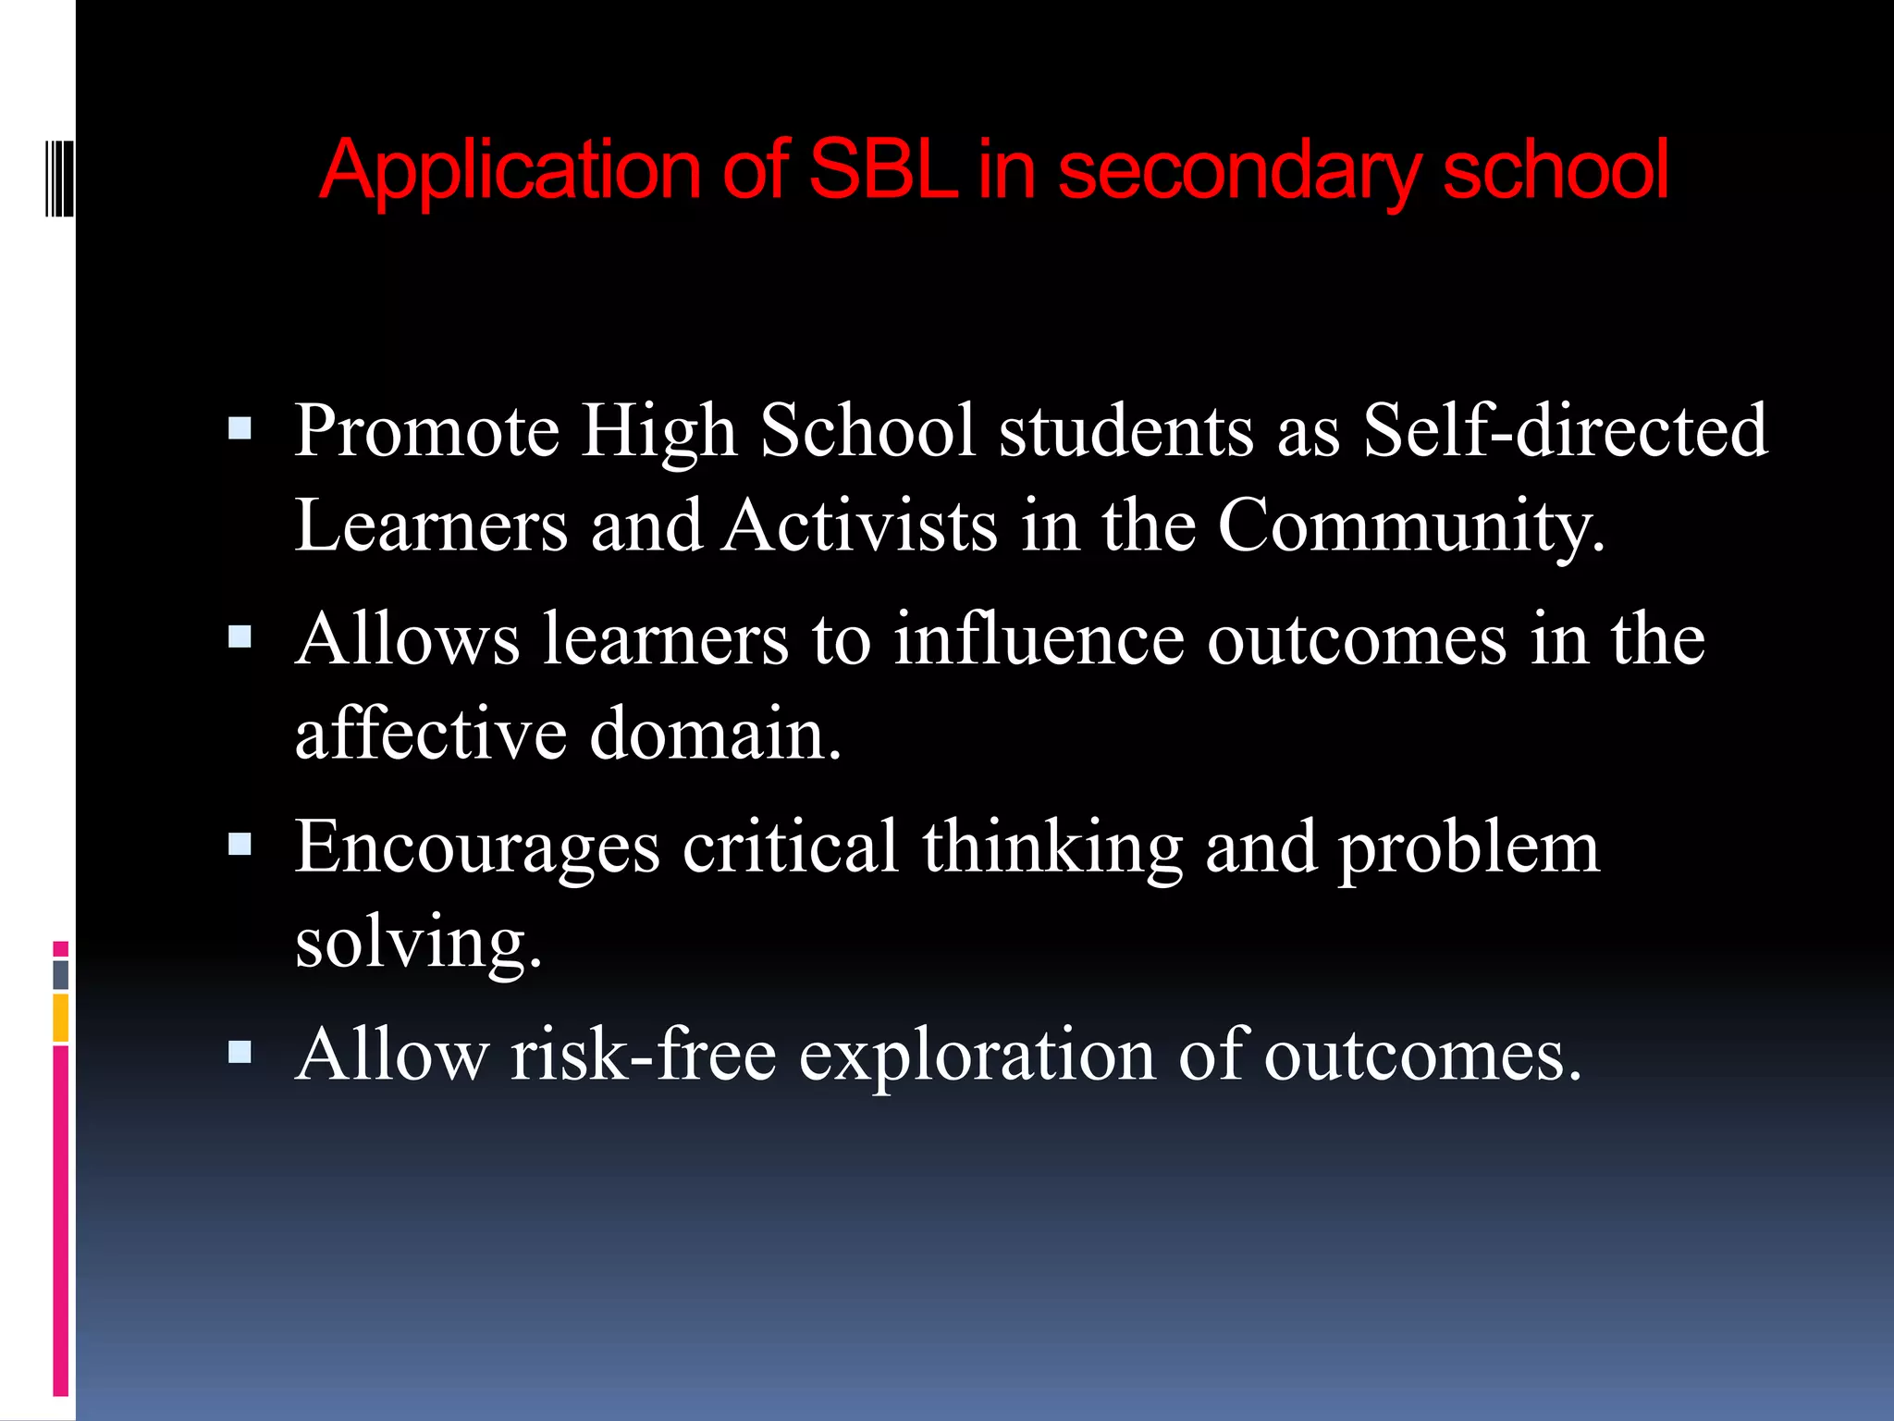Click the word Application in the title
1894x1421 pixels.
(x=510, y=170)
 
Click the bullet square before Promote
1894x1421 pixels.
(x=240, y=428)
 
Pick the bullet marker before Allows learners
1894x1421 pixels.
(x=240, y=636)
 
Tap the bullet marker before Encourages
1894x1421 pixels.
(x=240, y=844)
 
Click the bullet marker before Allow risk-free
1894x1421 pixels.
(x=240, y=1052)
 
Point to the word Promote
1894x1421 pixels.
(x=426, y=431)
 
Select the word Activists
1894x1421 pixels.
(x=860, y=525)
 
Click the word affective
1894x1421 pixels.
(x=430, y=733)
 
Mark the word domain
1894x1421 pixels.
(x=715, y=735)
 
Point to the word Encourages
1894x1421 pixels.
(x=477, y=848)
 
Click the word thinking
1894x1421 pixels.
(x=1052, y=848)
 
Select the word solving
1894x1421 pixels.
(x=417, y=943)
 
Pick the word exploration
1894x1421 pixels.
(x=977, y=1056)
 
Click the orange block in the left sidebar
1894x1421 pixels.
(x=61, y=1018)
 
